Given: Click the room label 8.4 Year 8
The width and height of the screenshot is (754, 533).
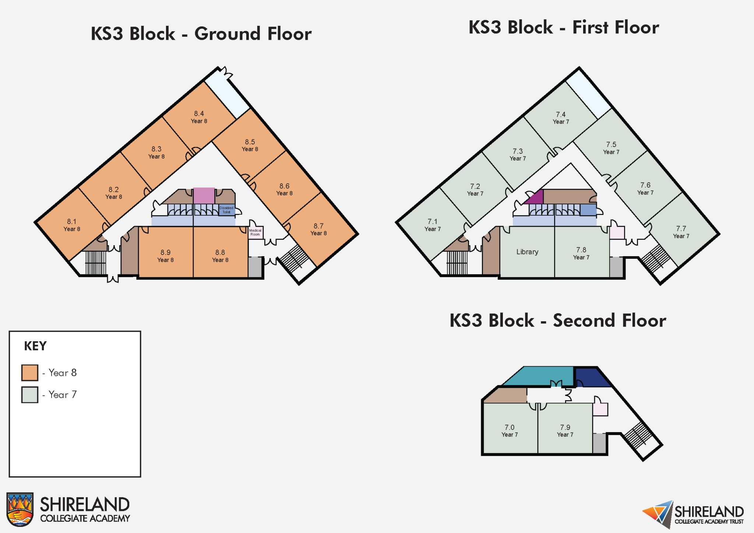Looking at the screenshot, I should (x=199, y=117).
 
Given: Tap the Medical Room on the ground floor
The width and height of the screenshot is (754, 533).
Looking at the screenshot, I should (x=255, y=232).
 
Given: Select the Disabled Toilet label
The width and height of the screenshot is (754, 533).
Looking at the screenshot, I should (x=226, y=210).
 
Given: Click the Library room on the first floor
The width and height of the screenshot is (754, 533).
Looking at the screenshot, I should (x=527, y=252).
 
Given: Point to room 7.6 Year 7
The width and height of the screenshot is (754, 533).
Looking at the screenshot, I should (x=645, y=188).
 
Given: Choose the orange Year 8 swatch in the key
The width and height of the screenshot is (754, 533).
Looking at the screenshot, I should (x=29, y=373).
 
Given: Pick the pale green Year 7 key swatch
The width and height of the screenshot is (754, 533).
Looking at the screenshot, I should (x=29, y=395).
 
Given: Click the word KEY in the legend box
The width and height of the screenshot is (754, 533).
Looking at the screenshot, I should (x=35, y=346).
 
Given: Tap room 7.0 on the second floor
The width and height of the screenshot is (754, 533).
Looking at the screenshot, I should (x=510, y=430).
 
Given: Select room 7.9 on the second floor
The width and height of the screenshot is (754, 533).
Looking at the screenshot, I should (x=565, y=430).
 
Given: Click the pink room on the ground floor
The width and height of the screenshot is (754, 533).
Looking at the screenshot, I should (x=204, y=195).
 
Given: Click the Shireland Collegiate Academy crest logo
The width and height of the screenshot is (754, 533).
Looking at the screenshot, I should (x=20, y=509).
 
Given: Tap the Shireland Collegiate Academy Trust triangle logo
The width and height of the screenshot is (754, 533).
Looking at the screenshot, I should (x=659, y=513).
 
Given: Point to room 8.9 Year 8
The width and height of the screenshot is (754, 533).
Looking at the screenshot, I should (x=165, y=256).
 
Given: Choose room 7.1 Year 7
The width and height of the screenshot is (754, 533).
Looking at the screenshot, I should (x=432, y=225).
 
